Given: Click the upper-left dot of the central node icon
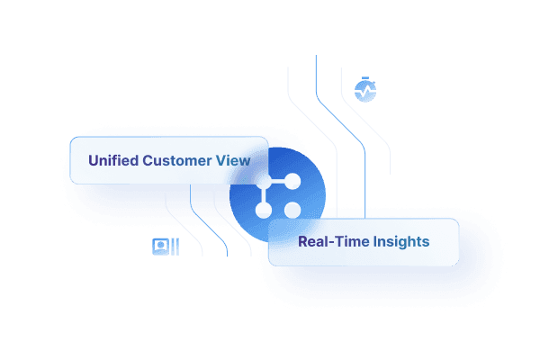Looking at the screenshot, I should (264, 181).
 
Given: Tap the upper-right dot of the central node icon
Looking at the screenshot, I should (292, 181).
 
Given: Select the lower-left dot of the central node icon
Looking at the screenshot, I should (264, 211).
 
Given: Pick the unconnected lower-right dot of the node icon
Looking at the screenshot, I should (292, 211).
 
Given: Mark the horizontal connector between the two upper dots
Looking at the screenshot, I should (278, 181).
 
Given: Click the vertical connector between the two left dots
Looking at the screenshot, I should (264, 195).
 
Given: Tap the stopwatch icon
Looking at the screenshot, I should (365, 90).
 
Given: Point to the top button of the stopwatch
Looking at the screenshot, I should (365, 79).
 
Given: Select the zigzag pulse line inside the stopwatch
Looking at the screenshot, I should (365, 91).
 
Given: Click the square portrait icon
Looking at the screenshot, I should (160, 246).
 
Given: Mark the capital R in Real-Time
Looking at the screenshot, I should (302, 241).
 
